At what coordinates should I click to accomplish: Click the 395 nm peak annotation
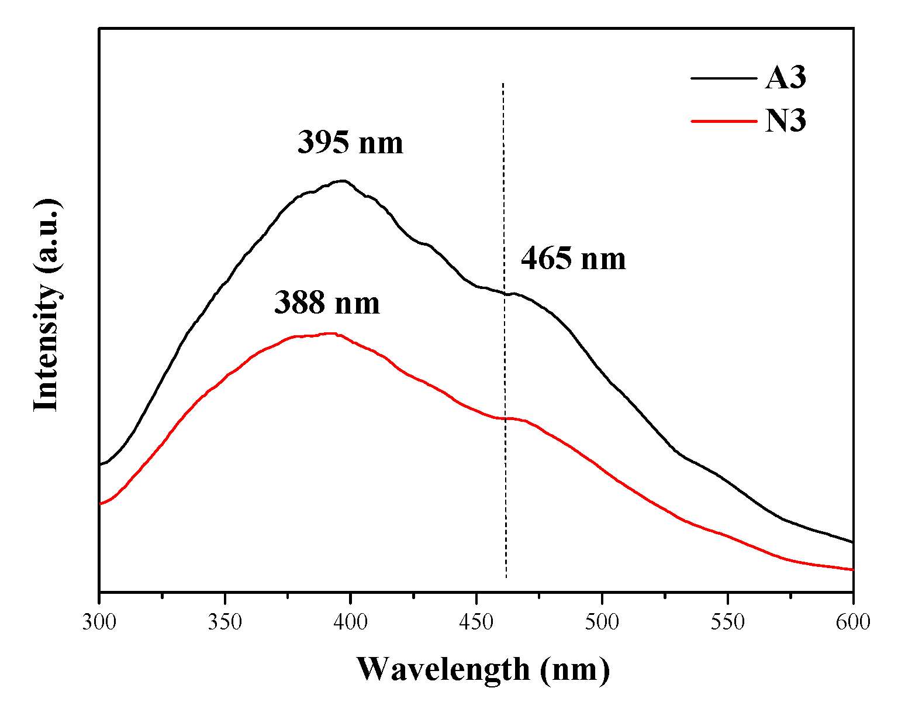350,142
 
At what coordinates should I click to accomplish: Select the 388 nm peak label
327,303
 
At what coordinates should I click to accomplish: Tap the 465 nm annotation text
573,258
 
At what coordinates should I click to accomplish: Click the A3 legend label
785,78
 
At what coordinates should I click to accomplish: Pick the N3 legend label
785,122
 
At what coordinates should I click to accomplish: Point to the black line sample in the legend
723,78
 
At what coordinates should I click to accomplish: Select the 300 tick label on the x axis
99,622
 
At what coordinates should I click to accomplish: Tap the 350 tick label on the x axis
225,622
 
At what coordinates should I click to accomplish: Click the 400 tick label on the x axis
351,622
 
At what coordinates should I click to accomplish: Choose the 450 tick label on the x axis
476,622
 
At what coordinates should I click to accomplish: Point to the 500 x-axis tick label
602,622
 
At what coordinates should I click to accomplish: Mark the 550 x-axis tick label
728,622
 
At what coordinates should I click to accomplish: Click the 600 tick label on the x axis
853,622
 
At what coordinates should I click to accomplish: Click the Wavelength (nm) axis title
483,669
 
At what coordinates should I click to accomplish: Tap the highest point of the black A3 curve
343,181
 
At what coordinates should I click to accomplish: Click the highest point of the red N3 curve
332,333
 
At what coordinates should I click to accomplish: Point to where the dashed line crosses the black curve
504,293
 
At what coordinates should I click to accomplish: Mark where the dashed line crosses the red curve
505,418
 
